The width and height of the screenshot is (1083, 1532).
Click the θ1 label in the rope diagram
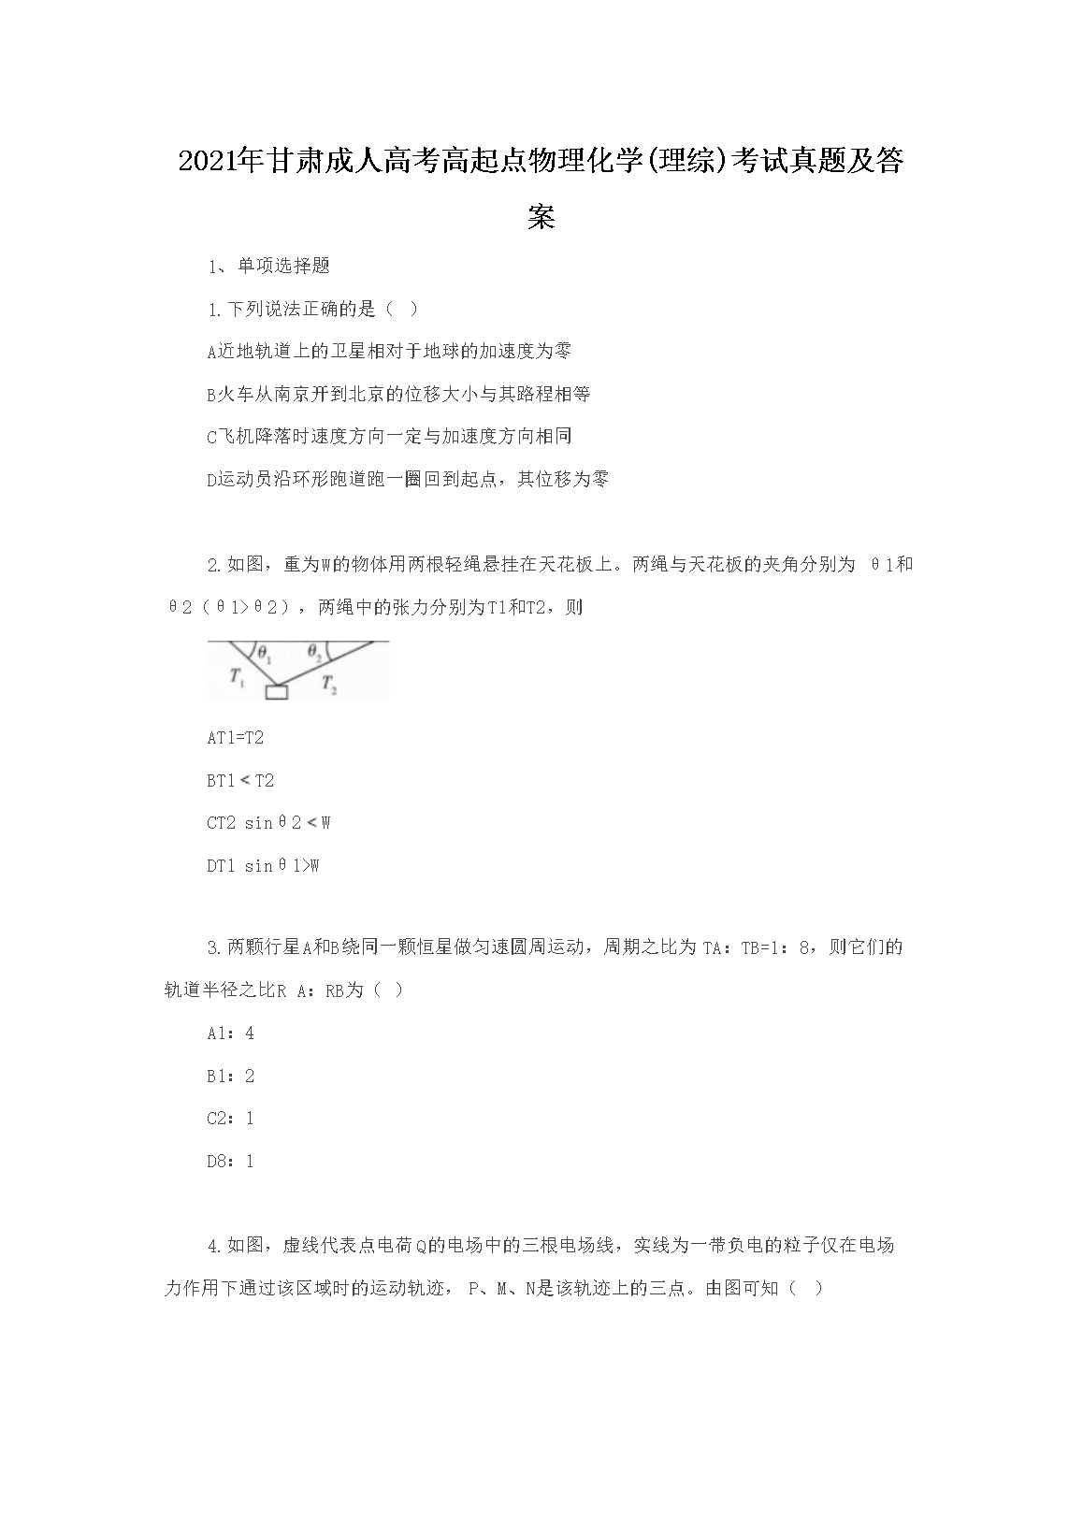(265, 653)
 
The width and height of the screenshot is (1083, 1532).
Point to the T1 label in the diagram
(238, 678)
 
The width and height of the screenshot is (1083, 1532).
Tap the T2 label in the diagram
(329, 684)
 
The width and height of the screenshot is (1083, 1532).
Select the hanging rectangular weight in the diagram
(276, 692)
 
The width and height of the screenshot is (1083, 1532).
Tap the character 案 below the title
(541, 217)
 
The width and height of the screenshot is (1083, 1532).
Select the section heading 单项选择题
(283, 266)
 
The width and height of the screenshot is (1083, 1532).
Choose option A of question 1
(389, 351)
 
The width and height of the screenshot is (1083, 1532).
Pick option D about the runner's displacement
(408, 479)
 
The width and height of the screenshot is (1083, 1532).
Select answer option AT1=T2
(236, 738)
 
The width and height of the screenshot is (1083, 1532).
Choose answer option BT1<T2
(240, 781)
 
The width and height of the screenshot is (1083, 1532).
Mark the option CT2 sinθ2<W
(268, 823)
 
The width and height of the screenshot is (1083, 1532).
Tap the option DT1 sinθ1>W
(263, 866)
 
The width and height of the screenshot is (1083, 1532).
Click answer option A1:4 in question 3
(230, 1033)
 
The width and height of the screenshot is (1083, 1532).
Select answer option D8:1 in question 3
(230, 1162)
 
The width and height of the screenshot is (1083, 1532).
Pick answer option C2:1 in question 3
(230, 1119)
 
